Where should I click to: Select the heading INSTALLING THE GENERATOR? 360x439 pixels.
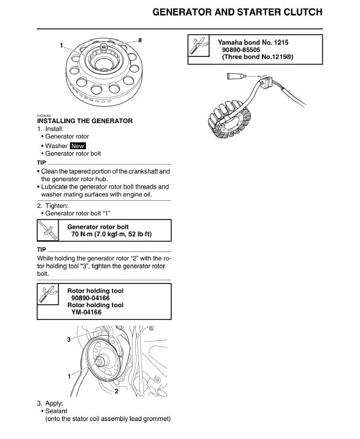coord(85,121)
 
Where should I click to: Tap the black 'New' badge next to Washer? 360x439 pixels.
coord(78,146)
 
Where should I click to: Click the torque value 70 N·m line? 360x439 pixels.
coord(111,234)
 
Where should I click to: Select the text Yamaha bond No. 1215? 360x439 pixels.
coord(253,43)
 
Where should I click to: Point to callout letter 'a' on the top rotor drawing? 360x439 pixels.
coord(139,39)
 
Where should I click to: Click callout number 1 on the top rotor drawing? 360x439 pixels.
coord(61,45)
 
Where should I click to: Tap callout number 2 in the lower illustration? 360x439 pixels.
coord(117,391)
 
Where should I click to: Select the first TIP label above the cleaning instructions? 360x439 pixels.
coord(41,163)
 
